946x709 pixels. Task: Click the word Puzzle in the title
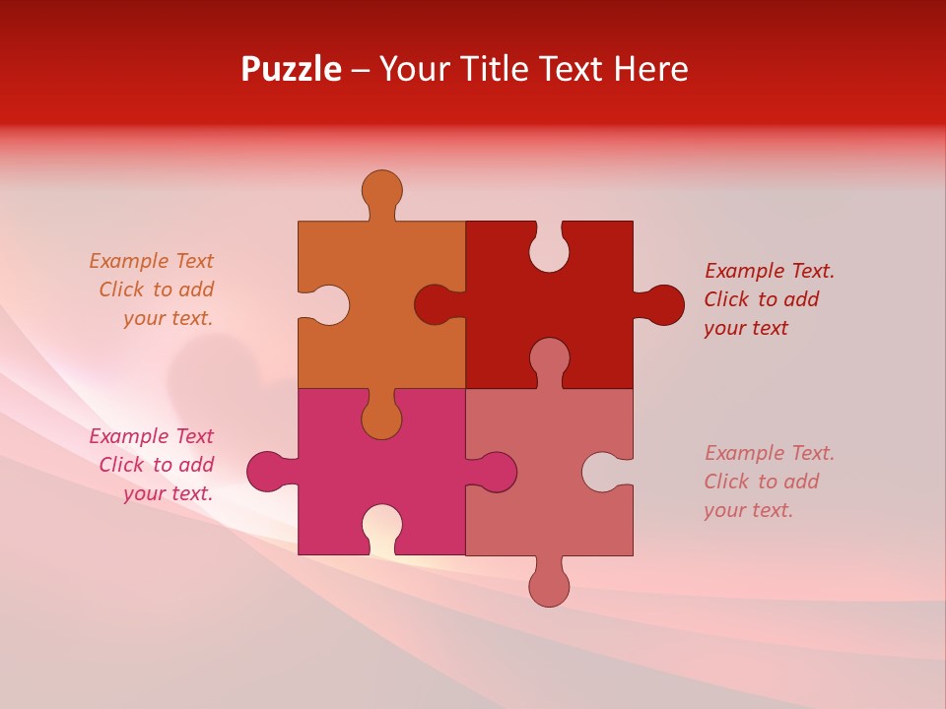tap(292, 69)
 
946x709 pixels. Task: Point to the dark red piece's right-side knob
tap(663, 304)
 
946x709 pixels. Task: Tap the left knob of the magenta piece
tap(267, 471)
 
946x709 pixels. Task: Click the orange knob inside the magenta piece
tap(381, 419)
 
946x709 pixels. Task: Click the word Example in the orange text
tap(129, 261)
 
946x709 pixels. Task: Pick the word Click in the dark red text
tap(726, 299)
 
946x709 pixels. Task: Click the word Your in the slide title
tap(412, 69)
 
